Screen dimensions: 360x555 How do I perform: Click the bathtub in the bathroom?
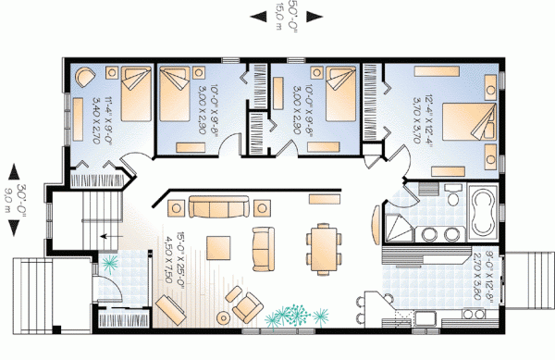tap(482, 209)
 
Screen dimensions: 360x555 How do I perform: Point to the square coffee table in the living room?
tap(219, 247)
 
